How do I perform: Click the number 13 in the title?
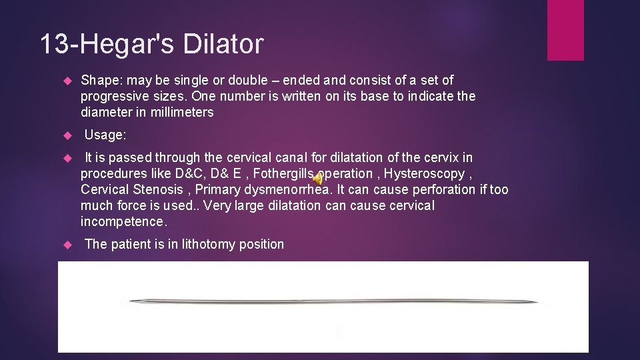54,45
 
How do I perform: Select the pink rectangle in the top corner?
565,30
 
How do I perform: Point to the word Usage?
105,135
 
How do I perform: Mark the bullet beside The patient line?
66,245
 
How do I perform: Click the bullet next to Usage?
66,135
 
